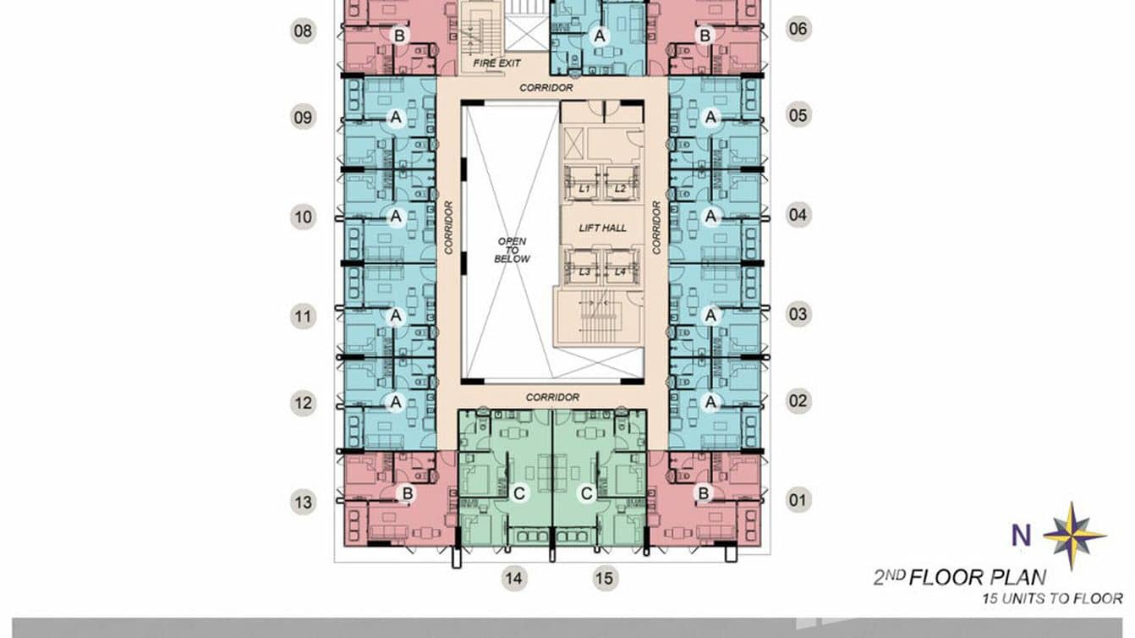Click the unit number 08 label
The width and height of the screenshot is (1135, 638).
click(x=303, y=32)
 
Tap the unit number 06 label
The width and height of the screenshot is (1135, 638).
click(x=798, y=29)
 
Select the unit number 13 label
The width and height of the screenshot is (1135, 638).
click(x=303, y=502)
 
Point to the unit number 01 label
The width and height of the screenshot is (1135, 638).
click(x=798, y=500)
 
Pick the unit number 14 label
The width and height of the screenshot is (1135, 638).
click(x=513, y=579)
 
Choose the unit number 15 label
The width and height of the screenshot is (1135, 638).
click(x=603, y=579)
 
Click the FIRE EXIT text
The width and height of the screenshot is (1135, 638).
click(x=496, y=63)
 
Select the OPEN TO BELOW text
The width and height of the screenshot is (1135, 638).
click(x=513, y=250)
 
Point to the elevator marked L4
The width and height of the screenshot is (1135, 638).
click(x=620, y=272)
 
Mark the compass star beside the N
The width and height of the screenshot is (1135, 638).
click(x=1073, y=535)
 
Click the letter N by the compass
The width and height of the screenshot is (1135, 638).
click(x=1022, y=536)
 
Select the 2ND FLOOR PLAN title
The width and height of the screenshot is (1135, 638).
click(x=959, y=579)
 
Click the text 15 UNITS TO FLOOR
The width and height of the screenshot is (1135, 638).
click(x=1052, y=599)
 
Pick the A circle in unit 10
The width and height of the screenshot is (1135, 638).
click(x=395, y=217)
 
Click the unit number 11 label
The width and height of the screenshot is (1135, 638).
click(x=303, y=318)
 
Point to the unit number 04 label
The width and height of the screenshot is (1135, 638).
click(x=798, y=215)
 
